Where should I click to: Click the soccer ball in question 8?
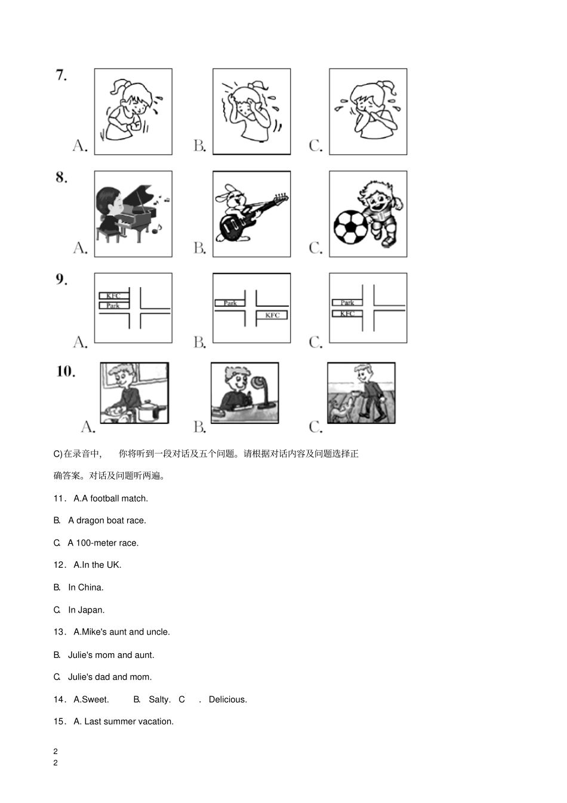click(x=350, y=226)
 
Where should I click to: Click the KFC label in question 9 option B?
click(x=272, y=315)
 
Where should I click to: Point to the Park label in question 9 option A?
click(x=113, y=306)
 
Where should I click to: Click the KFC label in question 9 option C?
click(x=347, y=313)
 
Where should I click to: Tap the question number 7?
click(x=61, y=75)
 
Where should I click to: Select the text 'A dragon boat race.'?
click(x=107, y=521)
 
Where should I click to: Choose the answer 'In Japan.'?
click(x=86, y=610)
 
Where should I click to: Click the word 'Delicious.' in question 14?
click(x=227, y=699)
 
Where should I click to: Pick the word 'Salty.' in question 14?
click(x=159, y=699)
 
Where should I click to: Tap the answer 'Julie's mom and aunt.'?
click(x=111, y=655)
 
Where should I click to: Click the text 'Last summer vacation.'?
click(x=129, y=721)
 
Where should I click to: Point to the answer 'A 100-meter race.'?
click(x=103, y=543)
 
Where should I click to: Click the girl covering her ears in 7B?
click(x=251, y=110)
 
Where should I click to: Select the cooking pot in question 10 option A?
click(x=146, y=411)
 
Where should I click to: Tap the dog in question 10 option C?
click(x=342, y=410)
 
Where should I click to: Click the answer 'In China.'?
click(x=85, y=587)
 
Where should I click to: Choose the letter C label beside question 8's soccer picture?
click(x=315, y=248)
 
